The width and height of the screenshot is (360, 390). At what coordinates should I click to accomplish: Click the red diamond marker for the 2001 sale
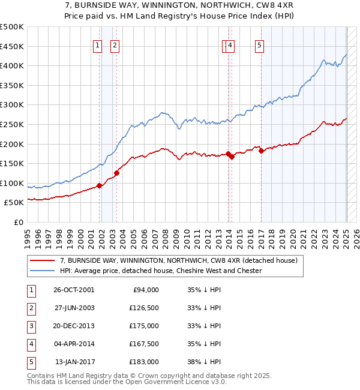point(99,185)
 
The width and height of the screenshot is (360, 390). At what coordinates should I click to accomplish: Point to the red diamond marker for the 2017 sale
point(261,151)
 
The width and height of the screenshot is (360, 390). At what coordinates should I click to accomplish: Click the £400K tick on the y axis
point(13,65)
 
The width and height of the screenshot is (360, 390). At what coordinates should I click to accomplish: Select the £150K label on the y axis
point(13,163)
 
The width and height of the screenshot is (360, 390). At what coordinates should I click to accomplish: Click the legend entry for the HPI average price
point(161,271)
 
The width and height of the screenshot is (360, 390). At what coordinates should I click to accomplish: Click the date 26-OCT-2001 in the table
point(74,290)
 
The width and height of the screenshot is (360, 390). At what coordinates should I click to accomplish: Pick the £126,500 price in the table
point(143,308)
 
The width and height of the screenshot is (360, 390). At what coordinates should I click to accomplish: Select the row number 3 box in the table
point(31,326)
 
